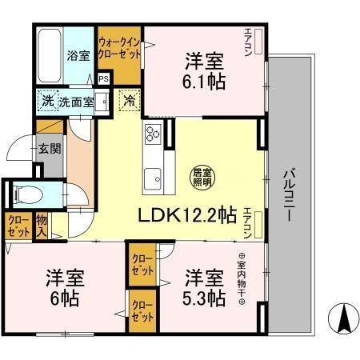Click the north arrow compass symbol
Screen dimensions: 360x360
pos(343,320)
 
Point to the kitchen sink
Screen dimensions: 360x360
pos(152,177)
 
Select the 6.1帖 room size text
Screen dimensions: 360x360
pos(204,82)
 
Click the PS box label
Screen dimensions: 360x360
pos(104,78)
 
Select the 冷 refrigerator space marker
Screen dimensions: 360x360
pos(128,102)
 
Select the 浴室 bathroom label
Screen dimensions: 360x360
pos(78,57)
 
